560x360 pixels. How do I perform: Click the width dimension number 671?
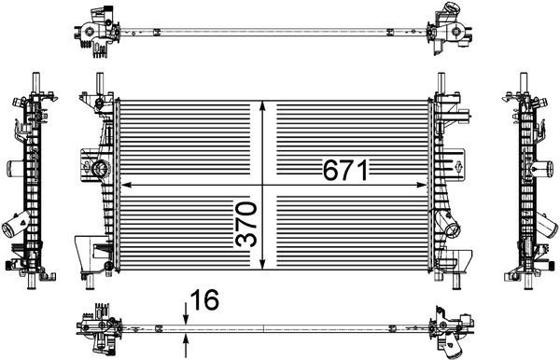pos(346,170)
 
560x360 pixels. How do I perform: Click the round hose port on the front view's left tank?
pos(99,169)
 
